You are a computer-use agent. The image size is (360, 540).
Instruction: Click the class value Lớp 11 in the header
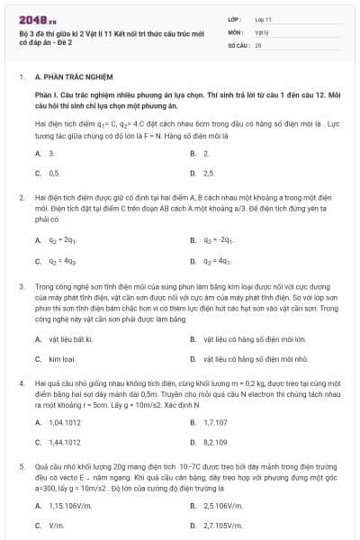263,18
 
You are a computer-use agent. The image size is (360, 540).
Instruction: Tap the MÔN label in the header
236,31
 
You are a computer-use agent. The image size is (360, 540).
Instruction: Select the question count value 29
258,43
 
